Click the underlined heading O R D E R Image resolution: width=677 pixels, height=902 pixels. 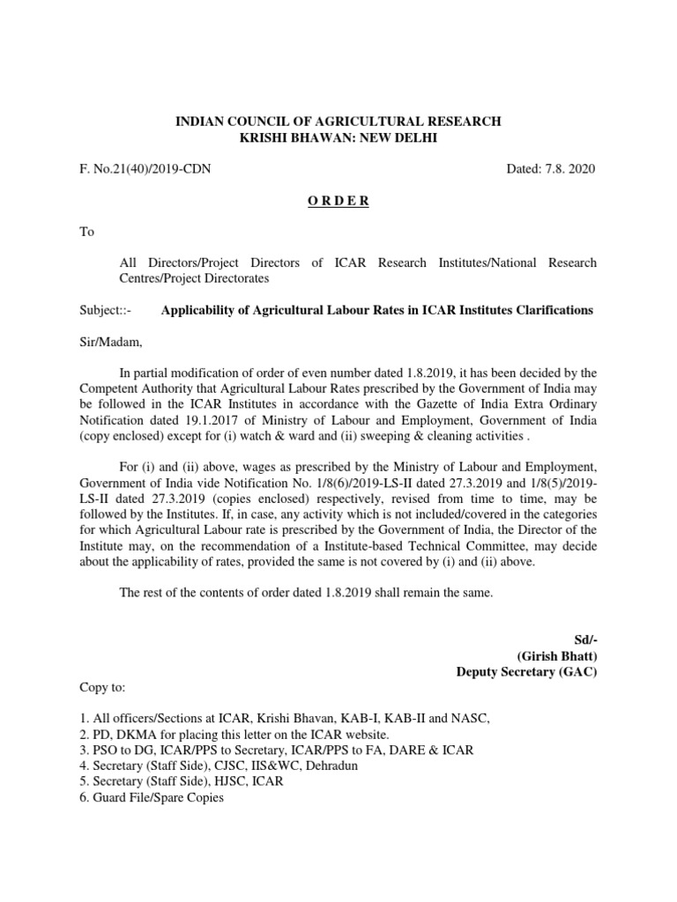click(338, 201)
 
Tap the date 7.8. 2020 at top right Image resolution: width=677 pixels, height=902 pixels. click(553, 168)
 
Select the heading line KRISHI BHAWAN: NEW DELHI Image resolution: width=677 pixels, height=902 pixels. click(338, 137)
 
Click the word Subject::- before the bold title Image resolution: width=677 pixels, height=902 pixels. click(105, 310)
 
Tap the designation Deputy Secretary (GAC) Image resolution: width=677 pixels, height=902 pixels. click(526, 672)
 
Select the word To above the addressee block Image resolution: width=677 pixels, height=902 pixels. click(86, 233)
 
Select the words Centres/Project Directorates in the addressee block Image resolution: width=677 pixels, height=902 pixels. click(195, 278)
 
